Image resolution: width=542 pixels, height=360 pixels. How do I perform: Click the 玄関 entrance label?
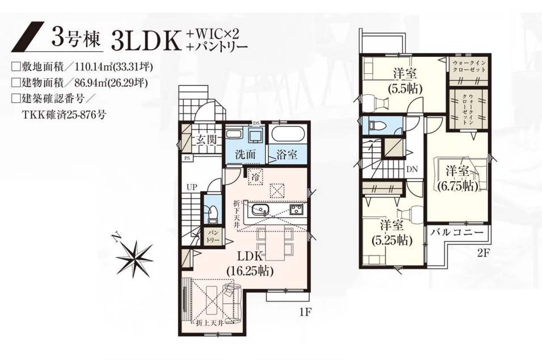207,140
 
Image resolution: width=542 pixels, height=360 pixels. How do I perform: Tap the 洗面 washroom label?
245,154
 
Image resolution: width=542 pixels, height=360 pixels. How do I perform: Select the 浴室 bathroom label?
287,154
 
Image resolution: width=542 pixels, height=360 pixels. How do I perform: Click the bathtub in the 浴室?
287,135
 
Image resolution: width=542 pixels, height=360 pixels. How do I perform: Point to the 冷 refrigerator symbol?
255,177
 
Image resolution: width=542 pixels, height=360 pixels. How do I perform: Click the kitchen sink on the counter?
260,209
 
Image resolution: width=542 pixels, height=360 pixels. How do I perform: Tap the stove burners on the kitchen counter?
296,209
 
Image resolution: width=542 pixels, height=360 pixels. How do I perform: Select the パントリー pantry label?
213,237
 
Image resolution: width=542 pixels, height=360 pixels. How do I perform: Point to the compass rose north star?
134,257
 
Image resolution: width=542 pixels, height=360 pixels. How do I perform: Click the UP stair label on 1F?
192,187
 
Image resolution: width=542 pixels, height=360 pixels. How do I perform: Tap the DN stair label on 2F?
412,169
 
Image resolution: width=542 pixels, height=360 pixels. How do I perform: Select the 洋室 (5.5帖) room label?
405,81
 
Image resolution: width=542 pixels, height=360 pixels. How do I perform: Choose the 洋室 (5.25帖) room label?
392,232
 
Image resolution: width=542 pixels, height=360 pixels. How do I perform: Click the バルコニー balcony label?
457,232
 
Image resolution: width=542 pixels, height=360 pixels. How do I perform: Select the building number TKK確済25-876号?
64,115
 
